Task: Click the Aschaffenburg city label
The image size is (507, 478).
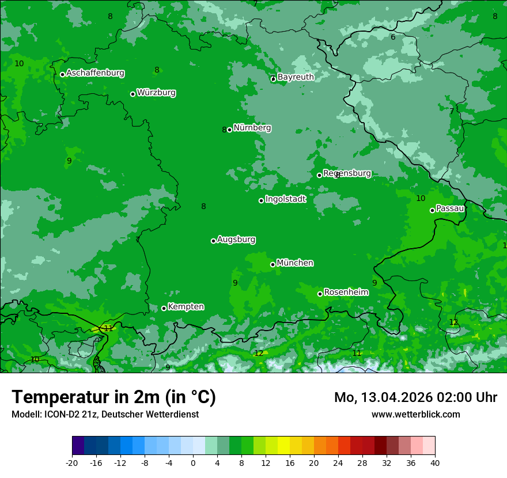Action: click(95, 73)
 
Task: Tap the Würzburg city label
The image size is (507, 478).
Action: click(156, 93)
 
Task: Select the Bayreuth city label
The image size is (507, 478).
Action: click(296, 77)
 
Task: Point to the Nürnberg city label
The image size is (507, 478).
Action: click(252, 128)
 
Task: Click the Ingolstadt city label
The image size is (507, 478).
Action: click(285, 199)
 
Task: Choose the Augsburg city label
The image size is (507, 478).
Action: click(236, 240)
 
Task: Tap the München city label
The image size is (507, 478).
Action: click(295, 263)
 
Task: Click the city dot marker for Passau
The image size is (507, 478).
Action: click(432, 210)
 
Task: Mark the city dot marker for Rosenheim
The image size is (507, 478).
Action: click(320, 294)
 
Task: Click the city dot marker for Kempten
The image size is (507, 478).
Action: click(164, 308)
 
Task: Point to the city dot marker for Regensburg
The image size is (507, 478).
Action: click(319, 175)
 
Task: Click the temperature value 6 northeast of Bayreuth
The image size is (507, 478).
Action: click(393, 37)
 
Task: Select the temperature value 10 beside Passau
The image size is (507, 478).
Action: click(421, 199)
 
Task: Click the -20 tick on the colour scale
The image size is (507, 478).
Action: click(72, 462)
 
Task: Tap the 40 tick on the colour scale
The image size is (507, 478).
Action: click(435, 462)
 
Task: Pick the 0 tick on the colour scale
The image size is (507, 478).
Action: click(193, 462)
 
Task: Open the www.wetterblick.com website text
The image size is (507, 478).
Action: click(415, 414)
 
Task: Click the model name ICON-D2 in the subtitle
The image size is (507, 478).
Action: click(61, 414)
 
